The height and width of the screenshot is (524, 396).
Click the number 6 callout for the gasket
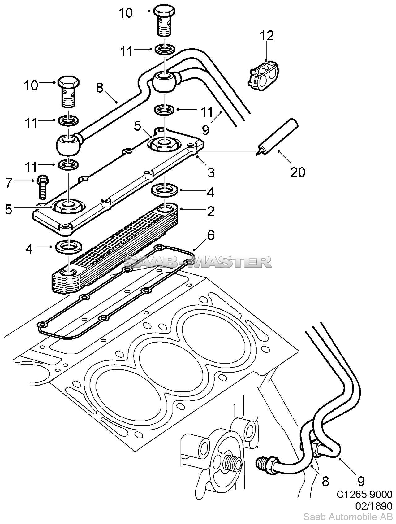point(211,235)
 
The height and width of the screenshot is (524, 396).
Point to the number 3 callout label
point(211,172)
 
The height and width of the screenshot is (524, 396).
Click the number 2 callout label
point(211,211)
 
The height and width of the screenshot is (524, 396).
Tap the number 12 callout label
point(267,36)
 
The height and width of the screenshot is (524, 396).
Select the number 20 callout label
point(298,172)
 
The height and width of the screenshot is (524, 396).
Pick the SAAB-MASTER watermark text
point(198,262)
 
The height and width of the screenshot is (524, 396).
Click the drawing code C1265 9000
point(364,494)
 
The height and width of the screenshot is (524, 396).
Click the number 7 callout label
point(9,183)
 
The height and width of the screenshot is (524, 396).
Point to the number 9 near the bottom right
point(361,481)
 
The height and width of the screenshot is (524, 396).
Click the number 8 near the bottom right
point(325,481)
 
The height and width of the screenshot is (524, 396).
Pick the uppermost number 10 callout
point(126,13)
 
